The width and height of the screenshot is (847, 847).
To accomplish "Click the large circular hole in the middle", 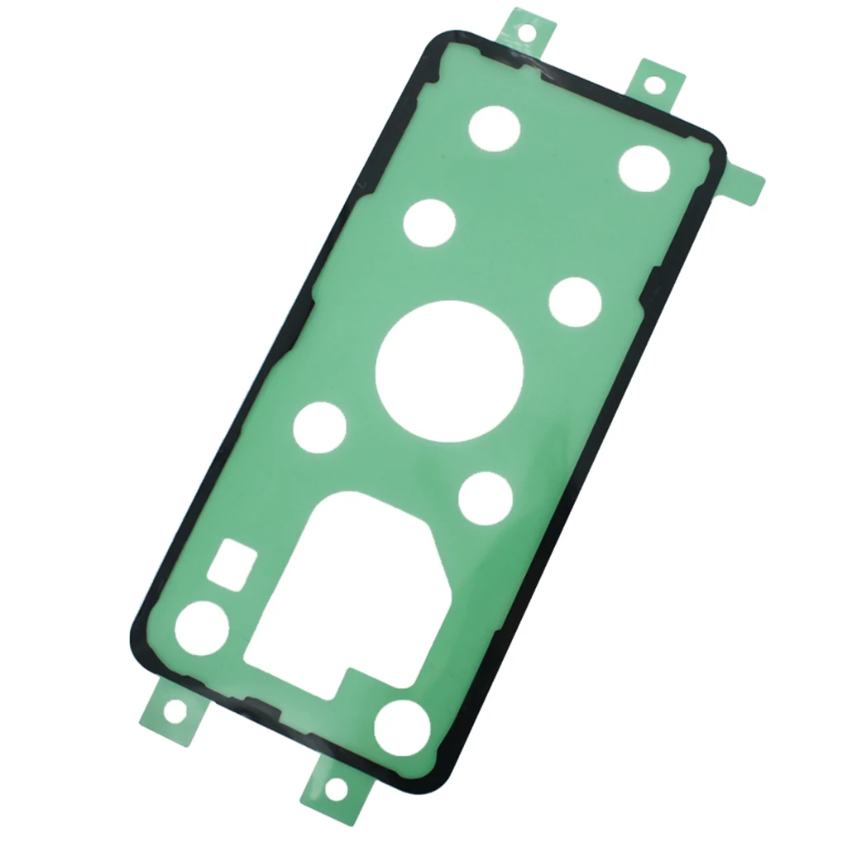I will (x=449, y=371).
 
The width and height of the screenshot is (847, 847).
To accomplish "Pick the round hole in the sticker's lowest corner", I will (x=403, y=728).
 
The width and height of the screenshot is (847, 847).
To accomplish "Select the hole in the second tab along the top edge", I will (x=653, y=84).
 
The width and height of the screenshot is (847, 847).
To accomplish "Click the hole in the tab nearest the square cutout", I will (x=175, y=709).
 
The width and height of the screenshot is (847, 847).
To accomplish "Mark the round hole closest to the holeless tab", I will (x=644, y=168).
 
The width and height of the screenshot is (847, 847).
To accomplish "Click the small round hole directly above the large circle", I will (x=429, y=223).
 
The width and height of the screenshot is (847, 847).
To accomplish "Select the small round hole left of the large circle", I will (x=320, y=427).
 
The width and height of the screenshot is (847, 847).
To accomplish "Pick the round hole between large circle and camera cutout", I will (x=486, y=499).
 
